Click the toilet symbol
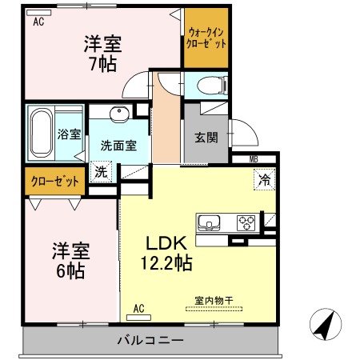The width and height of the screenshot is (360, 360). [212, 86]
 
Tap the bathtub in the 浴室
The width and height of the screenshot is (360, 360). [42, 133]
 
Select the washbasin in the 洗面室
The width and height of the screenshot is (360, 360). [120, 114]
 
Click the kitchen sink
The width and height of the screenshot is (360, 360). [209, 222]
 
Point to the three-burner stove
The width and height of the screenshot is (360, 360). [246, 222]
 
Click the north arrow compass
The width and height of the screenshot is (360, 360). [326, 324]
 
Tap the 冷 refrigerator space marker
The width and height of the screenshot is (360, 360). [264, 180]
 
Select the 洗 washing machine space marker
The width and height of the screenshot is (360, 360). [101, 172]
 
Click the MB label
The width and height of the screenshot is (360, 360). [254, 159]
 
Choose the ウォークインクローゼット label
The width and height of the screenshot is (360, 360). [206, 38]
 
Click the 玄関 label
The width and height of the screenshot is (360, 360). [206, 138]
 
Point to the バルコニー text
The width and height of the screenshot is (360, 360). [150, 340]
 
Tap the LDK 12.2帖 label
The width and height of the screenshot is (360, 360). [166, 253]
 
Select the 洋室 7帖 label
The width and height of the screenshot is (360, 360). [103, 54]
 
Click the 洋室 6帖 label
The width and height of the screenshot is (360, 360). [70, 261]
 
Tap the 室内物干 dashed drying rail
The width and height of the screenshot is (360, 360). [214, 309]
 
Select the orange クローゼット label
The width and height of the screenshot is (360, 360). [55, 182]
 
